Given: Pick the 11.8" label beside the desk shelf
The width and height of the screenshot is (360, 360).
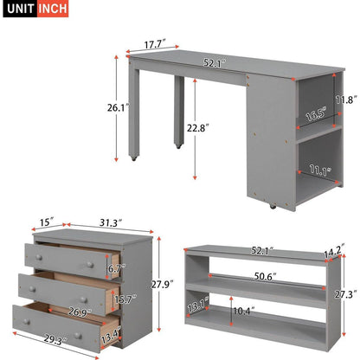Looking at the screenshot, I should pos(345,100).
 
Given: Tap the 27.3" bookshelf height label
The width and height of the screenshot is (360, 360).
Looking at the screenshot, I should pos(345,292).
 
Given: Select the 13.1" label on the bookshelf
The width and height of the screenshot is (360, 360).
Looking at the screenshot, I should pos(196,305).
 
